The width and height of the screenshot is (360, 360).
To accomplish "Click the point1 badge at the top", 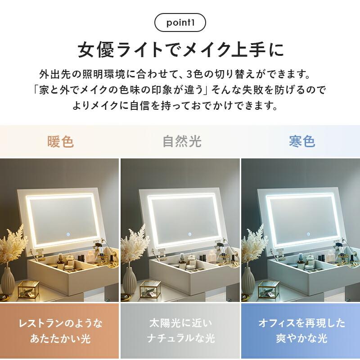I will pos(180,22).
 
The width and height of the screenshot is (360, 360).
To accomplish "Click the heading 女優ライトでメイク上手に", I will pos(180,49).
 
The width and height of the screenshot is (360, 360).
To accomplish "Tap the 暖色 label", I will pos(60,142).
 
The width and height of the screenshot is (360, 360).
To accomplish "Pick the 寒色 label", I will pos(301,142).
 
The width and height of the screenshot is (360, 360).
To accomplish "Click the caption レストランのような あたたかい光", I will pos(60,331).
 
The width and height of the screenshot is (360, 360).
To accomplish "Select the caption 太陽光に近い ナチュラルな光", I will pos(180,331).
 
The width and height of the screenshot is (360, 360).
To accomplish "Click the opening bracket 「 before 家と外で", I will pos(37,90).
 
